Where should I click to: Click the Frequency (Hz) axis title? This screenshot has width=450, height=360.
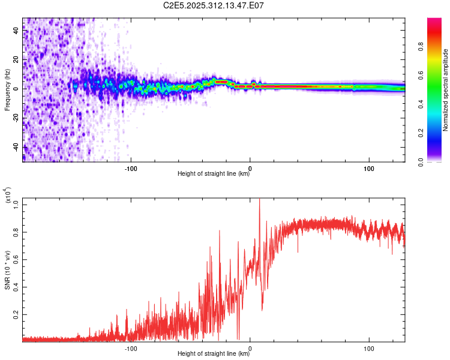click(x=7, y=89)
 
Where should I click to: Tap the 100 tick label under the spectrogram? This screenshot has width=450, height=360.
click(x=369, y=167)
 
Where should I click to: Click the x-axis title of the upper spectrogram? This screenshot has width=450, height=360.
click(x=214, y=174)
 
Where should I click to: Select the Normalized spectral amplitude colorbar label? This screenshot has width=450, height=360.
click(x=446, y=90)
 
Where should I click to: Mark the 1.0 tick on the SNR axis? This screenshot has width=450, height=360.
click(x=16, y=204)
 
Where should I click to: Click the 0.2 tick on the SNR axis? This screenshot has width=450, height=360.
click(x=16, y=314)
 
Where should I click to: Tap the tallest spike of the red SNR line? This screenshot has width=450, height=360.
click(x=259, y=200)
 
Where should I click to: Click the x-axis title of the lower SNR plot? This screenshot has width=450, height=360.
click(x=214, y=354)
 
